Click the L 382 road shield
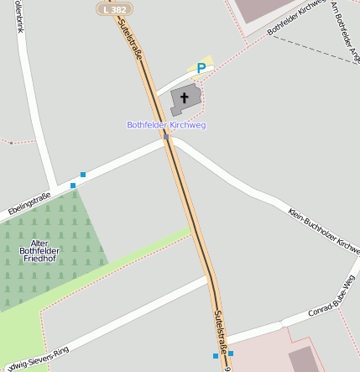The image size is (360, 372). pos(114,8)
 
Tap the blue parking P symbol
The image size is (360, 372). pos(201,68)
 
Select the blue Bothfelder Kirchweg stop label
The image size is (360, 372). pos(166,125)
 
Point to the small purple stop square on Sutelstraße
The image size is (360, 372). pos(166,137)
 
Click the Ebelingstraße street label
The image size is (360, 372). pos(29,205)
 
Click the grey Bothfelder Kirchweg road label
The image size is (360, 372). pos(295,17)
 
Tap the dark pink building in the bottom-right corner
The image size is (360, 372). pos(305,360)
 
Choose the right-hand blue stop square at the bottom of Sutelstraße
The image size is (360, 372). pos(231,354)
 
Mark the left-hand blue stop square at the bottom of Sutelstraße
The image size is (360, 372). pos(216,356)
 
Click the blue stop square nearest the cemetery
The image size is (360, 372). pos(73,185)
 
